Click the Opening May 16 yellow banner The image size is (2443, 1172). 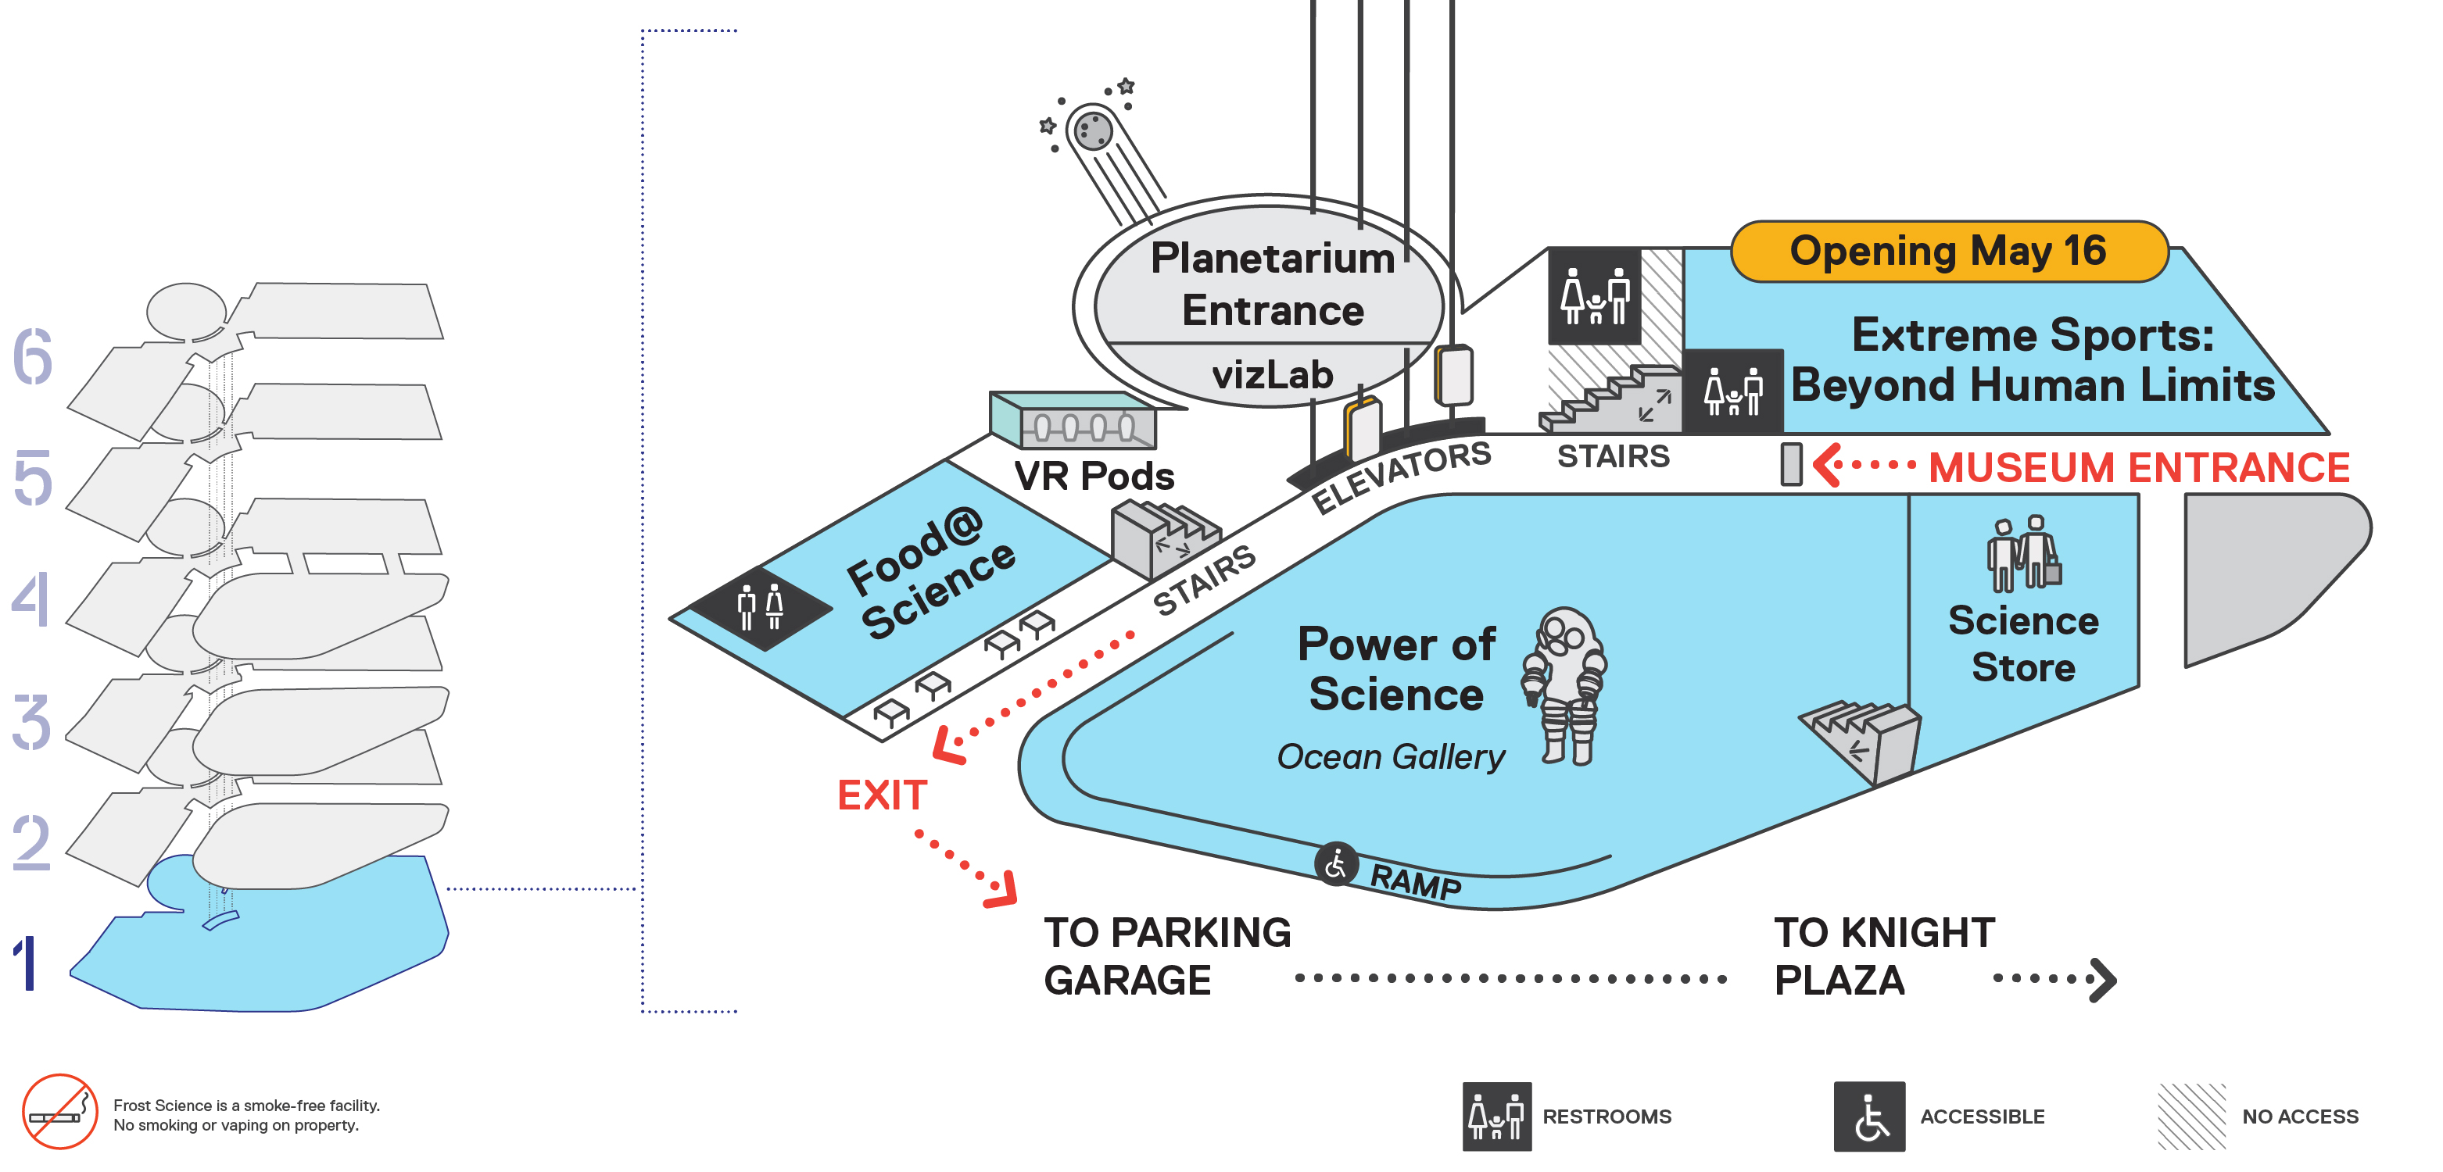coord(1949,252)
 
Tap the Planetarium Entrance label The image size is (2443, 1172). coord(1272,284)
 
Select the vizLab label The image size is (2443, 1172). coord(1272,374)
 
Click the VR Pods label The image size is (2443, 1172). coord(1094,476)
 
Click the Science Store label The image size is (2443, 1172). coord(2023,644)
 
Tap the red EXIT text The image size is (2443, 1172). coord(881,795)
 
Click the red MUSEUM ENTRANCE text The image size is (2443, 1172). coord(2139,467)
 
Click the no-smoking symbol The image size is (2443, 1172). coord(59,1111)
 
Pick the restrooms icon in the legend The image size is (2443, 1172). coord(1496,1116)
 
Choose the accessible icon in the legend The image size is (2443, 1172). coord(1868,1116)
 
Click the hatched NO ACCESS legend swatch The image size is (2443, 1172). coord(2190,1116)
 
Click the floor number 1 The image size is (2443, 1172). coord(27,963)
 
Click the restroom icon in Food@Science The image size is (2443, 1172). coord(761,607)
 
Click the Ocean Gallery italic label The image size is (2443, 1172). coord(1390,756)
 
